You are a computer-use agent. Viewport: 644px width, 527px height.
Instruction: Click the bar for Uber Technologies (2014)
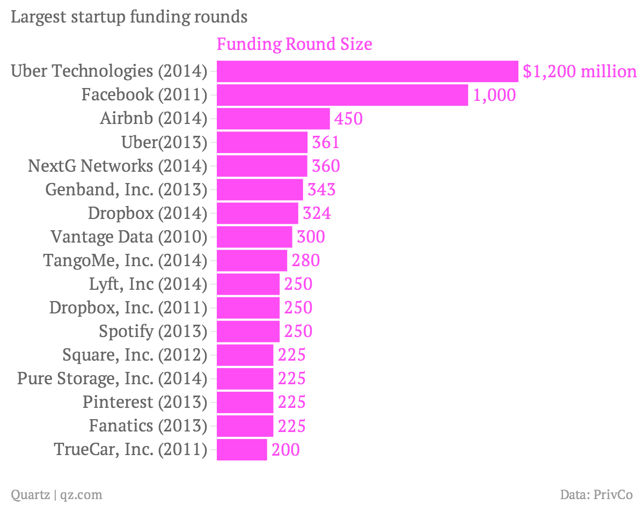pyautogui.click(x=367, y=71)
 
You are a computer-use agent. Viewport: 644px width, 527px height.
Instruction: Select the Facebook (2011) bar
pyautogui.click(x=342, y=95)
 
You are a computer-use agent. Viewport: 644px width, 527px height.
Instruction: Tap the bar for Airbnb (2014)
pyautogui.click(x=273, y=119)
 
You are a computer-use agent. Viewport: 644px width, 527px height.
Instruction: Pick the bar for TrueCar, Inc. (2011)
pyautogui.click(x=242, y=449)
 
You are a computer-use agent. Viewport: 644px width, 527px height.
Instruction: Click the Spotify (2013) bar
pyautogui.click(x=248, y=331)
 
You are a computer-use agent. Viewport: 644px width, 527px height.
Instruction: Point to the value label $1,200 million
pyautogui.click(x=580, y=71)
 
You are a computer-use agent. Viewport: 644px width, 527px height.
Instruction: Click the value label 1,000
pyautogui.click(x=494, y=95)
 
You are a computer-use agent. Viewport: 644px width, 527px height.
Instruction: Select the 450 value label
pyautogui.click(x=348, y=119)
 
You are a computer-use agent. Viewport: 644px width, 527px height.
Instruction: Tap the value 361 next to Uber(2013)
pyautogui.click(x=326, y=142)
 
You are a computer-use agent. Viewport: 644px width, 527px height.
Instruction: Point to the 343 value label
pyautogui.click(x=321, y=189)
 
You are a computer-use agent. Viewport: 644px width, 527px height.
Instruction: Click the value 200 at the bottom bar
pyautogui.click(x=286, y=449)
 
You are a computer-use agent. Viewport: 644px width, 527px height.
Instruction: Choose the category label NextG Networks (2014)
pyautogui.click(x=118, y=166)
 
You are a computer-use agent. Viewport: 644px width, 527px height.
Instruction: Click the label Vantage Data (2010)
pyautogui.click(x=129, y=237)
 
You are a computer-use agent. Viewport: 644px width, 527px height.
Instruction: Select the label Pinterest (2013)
pyautogui.click(x=145, y=402)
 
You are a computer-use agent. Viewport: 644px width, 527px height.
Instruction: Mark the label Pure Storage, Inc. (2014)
pyautogui.click(x=112, y=378)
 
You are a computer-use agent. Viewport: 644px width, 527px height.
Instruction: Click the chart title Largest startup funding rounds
pyautogui.click(x=129, y=17)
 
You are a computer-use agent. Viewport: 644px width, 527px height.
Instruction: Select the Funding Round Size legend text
pyautogui.click(x=294, y=44)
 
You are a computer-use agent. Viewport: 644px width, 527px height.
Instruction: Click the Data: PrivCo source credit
pyautogui.click(x=596, y=494)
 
